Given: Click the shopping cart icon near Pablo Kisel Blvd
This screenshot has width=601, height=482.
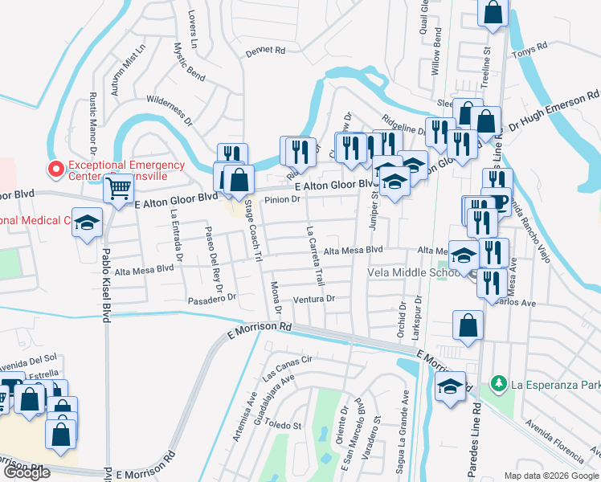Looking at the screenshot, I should [x=119, y=189].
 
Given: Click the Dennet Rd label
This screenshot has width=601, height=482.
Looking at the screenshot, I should [x=267, y=50].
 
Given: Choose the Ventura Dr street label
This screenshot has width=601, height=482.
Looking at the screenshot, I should [x=313, y=299].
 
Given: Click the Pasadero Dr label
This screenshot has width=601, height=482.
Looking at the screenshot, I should [x=211, y=297].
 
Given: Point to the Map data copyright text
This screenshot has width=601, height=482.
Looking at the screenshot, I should [x=550, y=476].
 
